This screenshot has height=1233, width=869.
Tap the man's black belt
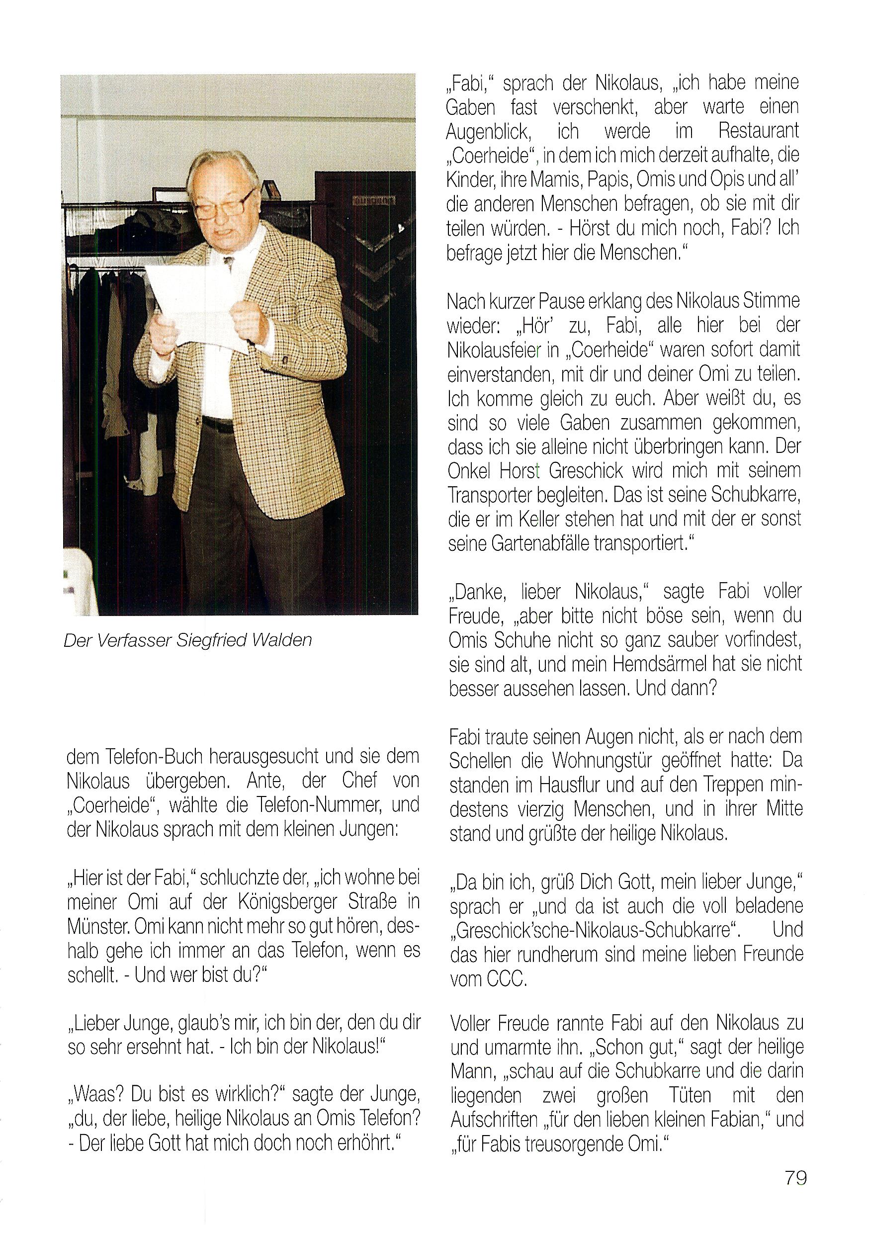click(218, 424)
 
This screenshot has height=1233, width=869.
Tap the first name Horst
click(520, 471)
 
